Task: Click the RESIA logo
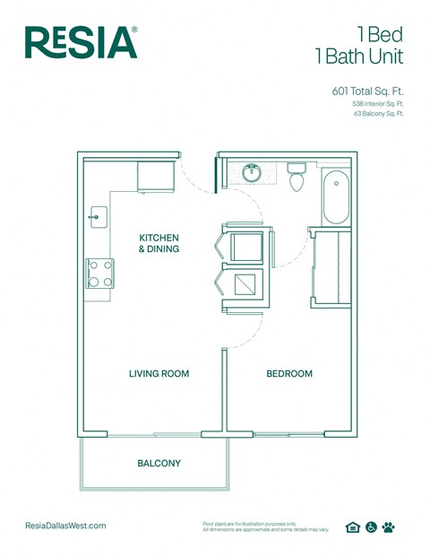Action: (x=82, y=42)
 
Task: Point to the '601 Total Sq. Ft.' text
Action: (x=367, y=90)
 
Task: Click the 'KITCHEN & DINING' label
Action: (x=159, y=243)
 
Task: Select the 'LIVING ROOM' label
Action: (x=159, y=373)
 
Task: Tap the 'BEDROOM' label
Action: (x=289, y=373)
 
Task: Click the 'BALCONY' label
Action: (x=159, y=464)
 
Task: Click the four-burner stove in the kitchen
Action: (x=99, y=273)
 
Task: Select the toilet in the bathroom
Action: (x=297, y=178)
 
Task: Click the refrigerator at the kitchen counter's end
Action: (x=155, y=176)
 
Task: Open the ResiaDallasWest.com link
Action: (x=66, y=526)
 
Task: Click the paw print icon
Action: (x=388, y=527)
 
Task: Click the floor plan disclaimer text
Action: (x=266, y=527)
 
